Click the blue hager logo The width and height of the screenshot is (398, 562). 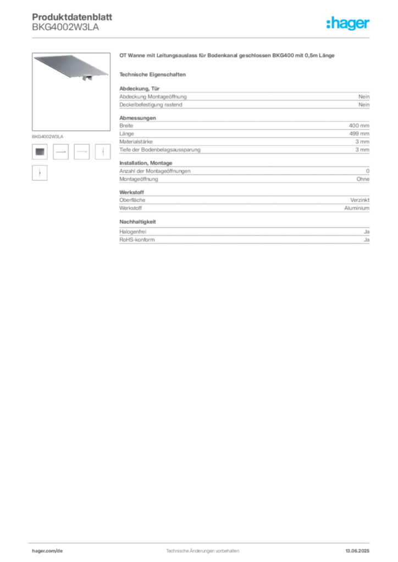click(349, 24)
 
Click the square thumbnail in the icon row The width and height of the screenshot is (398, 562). click(40, 150)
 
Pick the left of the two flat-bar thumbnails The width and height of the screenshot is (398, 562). click(60, 151)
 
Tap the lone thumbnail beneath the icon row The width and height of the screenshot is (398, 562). click(38, 173)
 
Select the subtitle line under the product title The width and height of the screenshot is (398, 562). click(154, 74)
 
